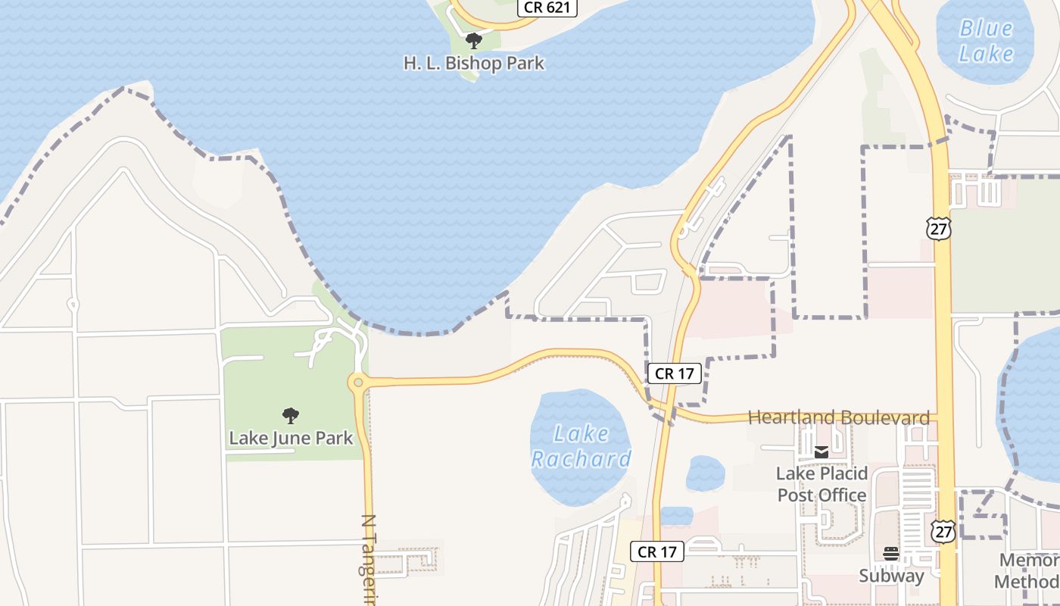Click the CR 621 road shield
click(547, 8)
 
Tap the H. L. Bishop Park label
click(474, 63)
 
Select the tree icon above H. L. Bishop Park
click(474, 40)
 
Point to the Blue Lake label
click(986, 41)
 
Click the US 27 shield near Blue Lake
click(938, 228)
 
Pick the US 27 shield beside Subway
click(943, 530)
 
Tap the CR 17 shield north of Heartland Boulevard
click(675, 373)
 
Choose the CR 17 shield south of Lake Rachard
click(657, 551)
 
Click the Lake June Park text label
click(291, 438)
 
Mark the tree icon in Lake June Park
click(290, 415)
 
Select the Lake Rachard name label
click(581, 446)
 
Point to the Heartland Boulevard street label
click(838, 417)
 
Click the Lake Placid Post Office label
click(821, 485)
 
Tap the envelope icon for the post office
click(821, 452)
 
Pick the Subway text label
click(891, 576)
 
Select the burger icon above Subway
click(891, 554)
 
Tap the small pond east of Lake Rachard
click(705, 473)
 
